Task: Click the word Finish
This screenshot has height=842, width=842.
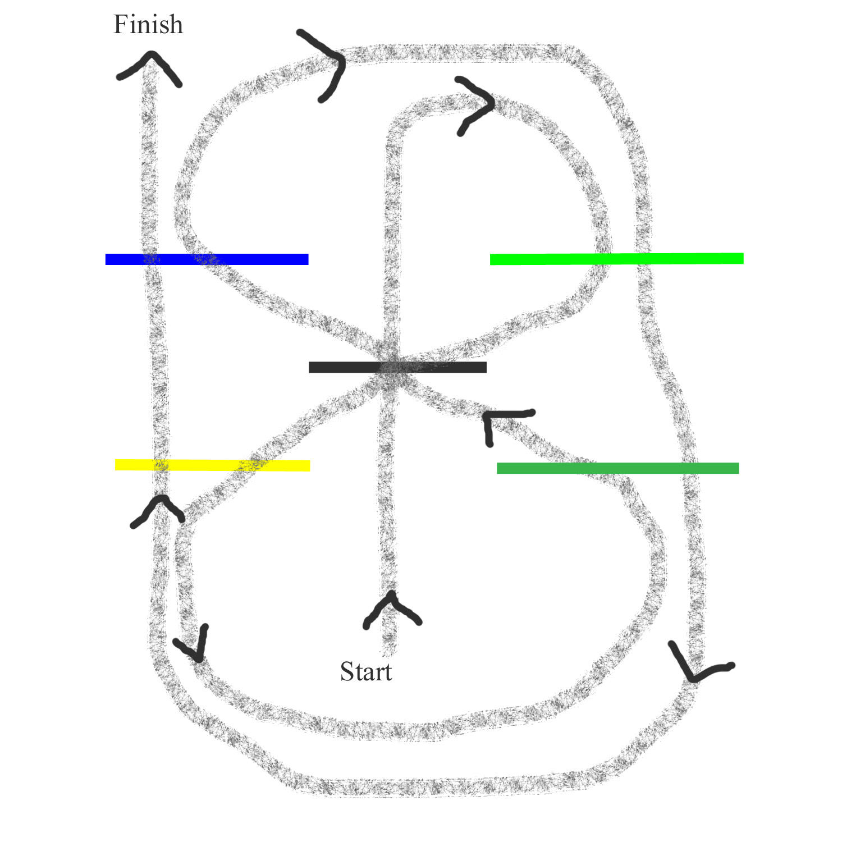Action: point(148,25)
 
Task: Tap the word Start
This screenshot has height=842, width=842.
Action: point(366,672)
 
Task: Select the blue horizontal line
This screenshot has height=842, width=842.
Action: point(207,259)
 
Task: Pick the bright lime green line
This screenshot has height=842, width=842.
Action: point(616,259)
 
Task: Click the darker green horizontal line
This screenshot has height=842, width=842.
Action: point(617,468)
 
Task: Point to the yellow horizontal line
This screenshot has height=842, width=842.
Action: point(212,465)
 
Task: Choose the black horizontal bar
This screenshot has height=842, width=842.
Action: point(397,367)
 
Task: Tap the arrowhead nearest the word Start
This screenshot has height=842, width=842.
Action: point(391,609)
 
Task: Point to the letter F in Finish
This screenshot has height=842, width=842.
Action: point(120,25)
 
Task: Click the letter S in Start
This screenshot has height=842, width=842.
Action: point(347,672)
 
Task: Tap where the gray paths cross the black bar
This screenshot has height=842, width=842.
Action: point(393,367)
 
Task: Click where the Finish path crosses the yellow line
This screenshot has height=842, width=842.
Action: point(161,465)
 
